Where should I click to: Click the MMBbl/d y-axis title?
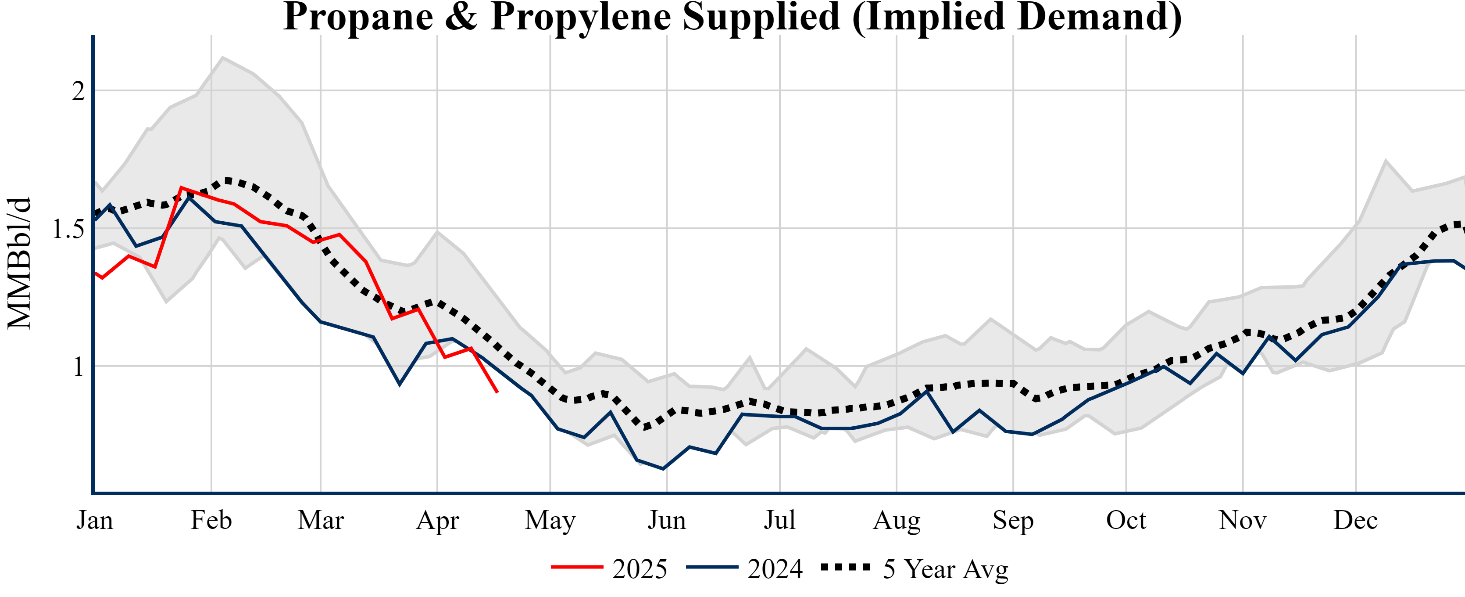click(x=19, y=263)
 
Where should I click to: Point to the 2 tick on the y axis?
click(x=79, y=91)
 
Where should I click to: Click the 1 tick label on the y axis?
click(x=79, y=367)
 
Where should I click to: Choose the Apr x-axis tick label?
click(x=437, y=520)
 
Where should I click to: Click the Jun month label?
click(x=667, y=520)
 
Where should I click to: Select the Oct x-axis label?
click(x=1126, y=520)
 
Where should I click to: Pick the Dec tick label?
click(x=1356, y=520)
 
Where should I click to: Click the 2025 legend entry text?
click(x=640, y=569)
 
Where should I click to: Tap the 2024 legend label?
click(x=775, y=569)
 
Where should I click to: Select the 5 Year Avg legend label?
click(x=945, y=569)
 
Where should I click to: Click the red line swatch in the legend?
click(x=577, y=567)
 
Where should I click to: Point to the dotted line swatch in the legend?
click(x=846, y=567)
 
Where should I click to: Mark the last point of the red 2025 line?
click(x=498, y=392)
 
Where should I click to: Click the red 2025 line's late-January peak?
click(x=181, y=187)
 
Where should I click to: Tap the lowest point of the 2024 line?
click(x=663, y=469)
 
